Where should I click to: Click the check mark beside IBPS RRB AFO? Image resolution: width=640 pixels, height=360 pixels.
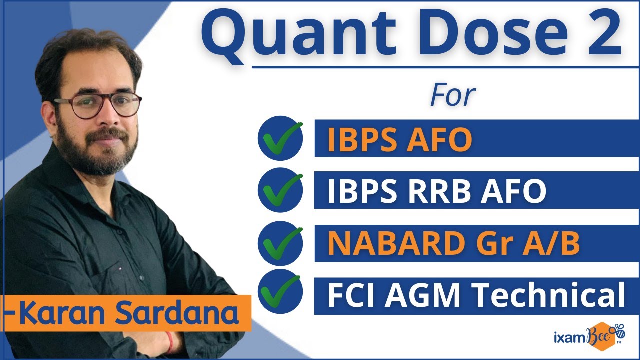coord(280,190)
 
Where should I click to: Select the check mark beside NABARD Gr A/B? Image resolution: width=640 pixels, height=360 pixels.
coord(280,243)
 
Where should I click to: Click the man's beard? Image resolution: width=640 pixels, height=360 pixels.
coord(100,155)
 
